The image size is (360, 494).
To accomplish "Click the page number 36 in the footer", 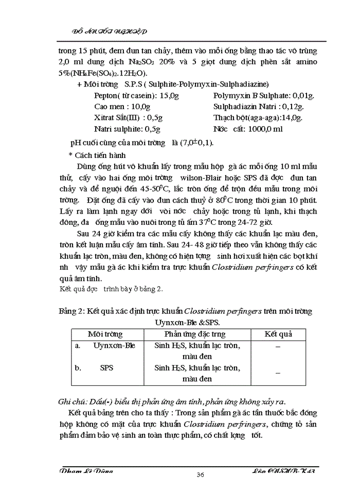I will [201, 474].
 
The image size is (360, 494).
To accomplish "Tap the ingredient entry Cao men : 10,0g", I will [122, 107].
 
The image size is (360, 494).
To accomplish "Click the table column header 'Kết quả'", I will [278, 334].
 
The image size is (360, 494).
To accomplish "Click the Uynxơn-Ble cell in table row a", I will [114, 345].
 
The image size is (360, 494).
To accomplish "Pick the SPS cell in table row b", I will [106, 368].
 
